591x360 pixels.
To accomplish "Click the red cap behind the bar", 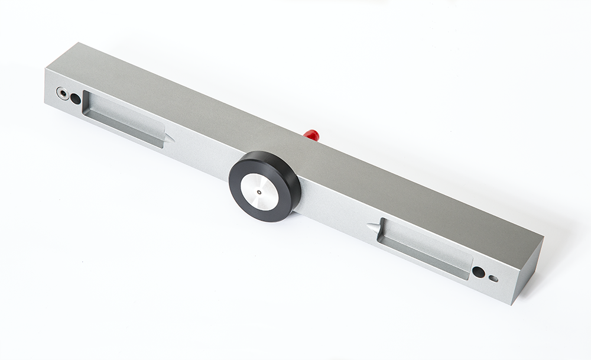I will pyautogui.click(x=312, y=135).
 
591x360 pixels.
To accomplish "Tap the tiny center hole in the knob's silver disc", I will pyautogui.click(x=259, y=192).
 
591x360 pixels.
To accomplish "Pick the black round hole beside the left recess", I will pyautogui.click(x=76, y=99).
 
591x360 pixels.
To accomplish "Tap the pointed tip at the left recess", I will pyautogui.click(x=172, y=140).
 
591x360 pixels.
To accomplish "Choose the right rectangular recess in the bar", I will pyautogui.click(x=423, y=248).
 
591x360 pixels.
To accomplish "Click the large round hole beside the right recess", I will pyautogui.click(x=478, y=272).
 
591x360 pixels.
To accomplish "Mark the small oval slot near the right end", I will pyautogui.click(x=493, y=278).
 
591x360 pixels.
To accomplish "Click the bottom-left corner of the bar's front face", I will pyautogui.click(x=46, y=103).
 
